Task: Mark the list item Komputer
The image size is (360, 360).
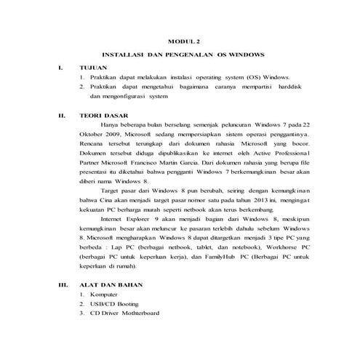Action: click(x=105, y=294)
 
